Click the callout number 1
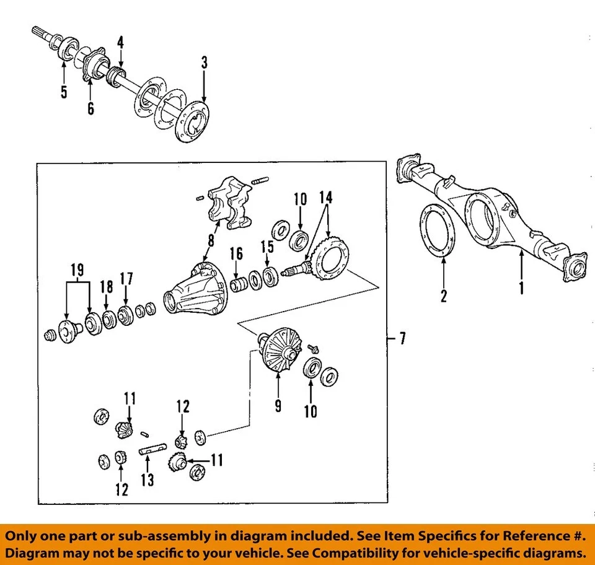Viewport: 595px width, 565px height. coord(521,288)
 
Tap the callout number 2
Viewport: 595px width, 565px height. coord(444,296)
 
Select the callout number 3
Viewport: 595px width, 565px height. coord(204,63)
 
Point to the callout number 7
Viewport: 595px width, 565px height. coord(403,339)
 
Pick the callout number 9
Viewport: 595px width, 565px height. coord(278,405)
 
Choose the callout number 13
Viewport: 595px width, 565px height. coord(147,481)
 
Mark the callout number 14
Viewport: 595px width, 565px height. coord(325,198)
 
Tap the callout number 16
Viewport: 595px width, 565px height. coord(236,253)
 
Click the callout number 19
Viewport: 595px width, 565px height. coord(77,270)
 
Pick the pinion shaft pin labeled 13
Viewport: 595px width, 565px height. coord(153,450)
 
